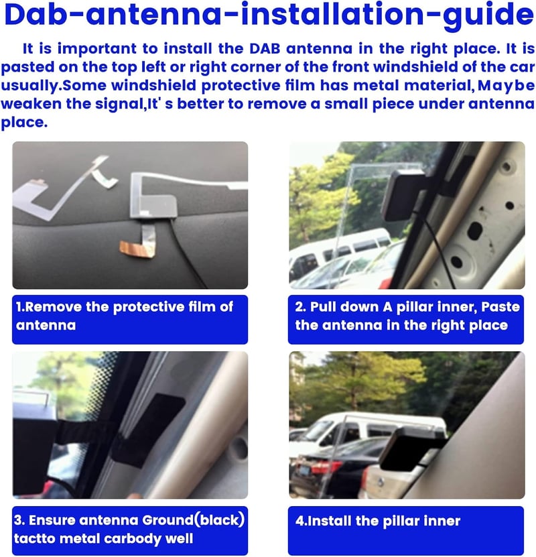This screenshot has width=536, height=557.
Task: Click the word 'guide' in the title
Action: (488, 15)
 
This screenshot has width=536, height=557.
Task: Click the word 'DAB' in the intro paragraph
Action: (265, 49)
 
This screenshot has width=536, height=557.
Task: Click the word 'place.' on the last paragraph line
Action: (24, 123)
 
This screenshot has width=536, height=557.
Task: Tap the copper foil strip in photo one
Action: (137, 248)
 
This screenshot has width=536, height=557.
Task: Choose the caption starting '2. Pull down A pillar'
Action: (407, 316)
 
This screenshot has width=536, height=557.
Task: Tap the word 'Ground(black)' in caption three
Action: (194, 520)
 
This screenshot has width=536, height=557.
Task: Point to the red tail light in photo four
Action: (324, 467)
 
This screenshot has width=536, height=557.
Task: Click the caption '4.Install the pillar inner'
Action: (378, 521)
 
